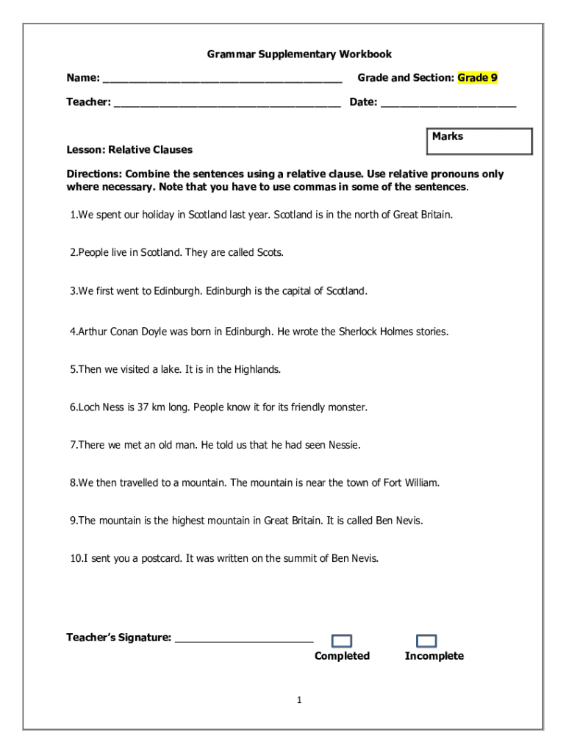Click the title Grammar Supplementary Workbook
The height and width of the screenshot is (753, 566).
[x=298, y=54]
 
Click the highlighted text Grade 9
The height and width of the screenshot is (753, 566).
[x=478, y=77]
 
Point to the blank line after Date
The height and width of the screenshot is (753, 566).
[x=448, y=104]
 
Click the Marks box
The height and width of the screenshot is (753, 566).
[x=479, y=141]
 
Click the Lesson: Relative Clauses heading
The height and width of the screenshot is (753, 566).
[x=129, y=149]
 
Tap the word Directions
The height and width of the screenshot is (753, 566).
[x=94, y=174]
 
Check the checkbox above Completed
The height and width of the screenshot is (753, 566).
[x=342, y=641]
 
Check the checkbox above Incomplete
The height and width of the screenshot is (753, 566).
[x=426, y=641]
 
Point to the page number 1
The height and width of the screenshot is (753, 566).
[x=299, y=700]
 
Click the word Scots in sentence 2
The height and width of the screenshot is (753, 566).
[x=269, y=252]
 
